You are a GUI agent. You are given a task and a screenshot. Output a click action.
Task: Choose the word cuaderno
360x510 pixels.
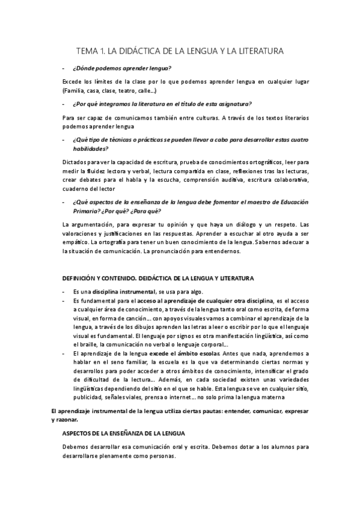75,188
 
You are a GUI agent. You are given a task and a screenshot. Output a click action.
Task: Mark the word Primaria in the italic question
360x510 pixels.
87,212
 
